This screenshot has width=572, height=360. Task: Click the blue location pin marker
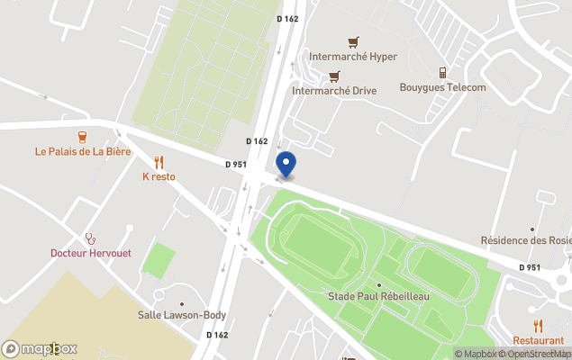click(x=285, y=165)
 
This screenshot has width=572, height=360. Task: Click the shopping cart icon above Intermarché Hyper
click(x=352, y=41)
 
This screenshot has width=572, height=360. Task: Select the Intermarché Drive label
click(x=334, y=91)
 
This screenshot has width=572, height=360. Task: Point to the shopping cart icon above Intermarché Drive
click(x=334, y=76)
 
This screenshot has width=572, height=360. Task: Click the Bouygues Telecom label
click(x=442, y=87)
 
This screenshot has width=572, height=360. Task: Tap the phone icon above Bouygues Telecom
click(x=442, y=72)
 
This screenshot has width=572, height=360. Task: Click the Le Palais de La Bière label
click(x=83, y=151)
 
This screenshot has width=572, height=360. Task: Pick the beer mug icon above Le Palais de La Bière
click(x=83, y=137)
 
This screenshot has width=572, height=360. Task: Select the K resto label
click(x=159, y=176)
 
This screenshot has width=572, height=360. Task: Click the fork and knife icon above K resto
click(x=159, y=162)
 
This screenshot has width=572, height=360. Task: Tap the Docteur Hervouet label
click(x=90, y=253)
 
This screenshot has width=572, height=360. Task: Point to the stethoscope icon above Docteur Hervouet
click(x=90, y=238)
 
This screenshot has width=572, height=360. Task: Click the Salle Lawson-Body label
click(x=181, y=315)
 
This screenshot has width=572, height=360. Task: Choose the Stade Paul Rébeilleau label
click(x=377, y=297)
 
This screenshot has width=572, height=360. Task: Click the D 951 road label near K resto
click(x=236, y=164)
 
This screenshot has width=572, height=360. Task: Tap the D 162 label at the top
click(x=287, y=19)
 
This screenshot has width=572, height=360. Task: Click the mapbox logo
click(x=40, y=348)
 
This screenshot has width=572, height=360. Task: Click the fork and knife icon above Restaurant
click(x=539, y=326)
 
